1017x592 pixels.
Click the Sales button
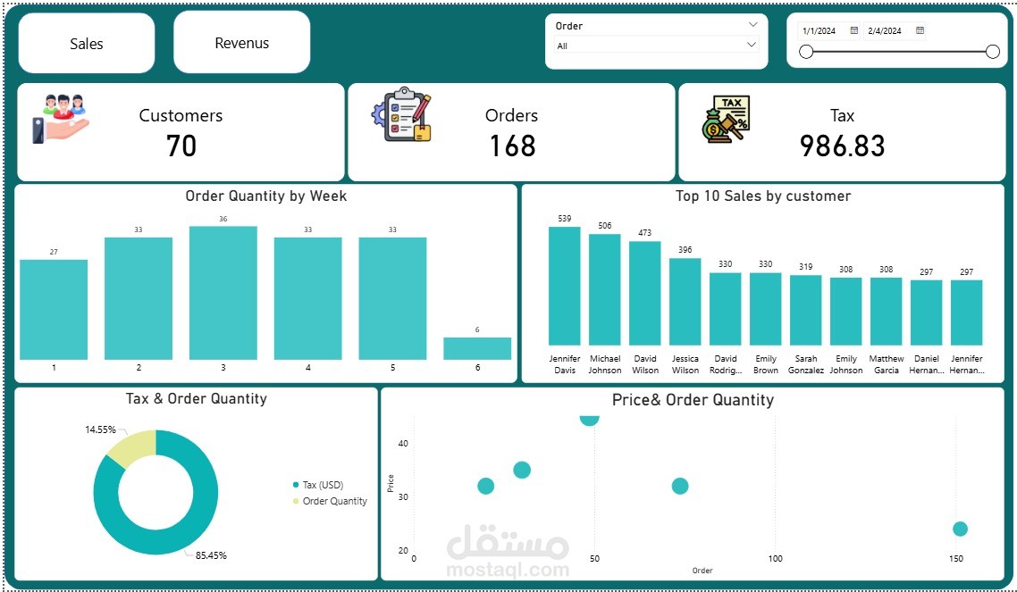click(87, 44)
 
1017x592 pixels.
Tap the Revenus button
click(241, 43)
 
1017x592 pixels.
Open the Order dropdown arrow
click(752, 25)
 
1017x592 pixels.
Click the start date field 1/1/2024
click(819, 31)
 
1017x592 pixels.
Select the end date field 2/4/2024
click(884, 31)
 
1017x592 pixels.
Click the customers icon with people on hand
click(61, 119)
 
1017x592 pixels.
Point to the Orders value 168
click(512, 146)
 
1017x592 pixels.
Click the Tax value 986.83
click(842, 146)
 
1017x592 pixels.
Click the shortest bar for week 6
click(477, 348)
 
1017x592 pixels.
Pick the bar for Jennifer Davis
click(564, 286)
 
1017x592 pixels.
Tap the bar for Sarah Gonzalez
click(805, 310)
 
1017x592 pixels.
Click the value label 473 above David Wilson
click(644, 233)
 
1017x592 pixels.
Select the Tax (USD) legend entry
click(323, 485)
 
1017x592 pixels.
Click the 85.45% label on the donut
click(211, 555)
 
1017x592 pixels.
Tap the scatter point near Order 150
click(960, 529)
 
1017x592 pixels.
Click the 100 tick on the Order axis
click(775, 559)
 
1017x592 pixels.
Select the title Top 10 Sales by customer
click(762, 196)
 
